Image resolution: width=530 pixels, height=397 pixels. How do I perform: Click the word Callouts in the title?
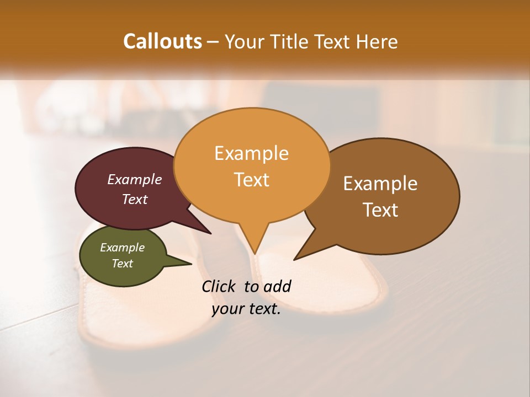click(162, 41)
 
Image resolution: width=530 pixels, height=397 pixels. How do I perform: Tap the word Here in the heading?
click(377, 41)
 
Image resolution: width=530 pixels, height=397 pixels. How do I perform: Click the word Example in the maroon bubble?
click(135, 179)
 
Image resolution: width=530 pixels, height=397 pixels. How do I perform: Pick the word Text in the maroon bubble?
click(135, 199)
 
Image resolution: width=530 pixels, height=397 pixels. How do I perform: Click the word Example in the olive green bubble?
click(122, 248)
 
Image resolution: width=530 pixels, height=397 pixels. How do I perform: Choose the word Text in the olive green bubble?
click(122, 264)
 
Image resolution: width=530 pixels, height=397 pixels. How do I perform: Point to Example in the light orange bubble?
click(251, 153)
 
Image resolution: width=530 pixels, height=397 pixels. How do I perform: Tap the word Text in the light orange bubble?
click(251, 180)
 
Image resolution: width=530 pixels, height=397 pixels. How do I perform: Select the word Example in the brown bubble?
click(380, 184)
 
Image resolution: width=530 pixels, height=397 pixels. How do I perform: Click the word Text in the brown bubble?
click(380, 210)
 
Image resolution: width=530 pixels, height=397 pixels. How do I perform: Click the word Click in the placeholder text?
click(220, 286)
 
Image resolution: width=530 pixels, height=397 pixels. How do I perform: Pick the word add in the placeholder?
click(277, 286)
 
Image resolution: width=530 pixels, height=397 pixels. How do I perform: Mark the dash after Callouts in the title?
click(214, 42)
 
